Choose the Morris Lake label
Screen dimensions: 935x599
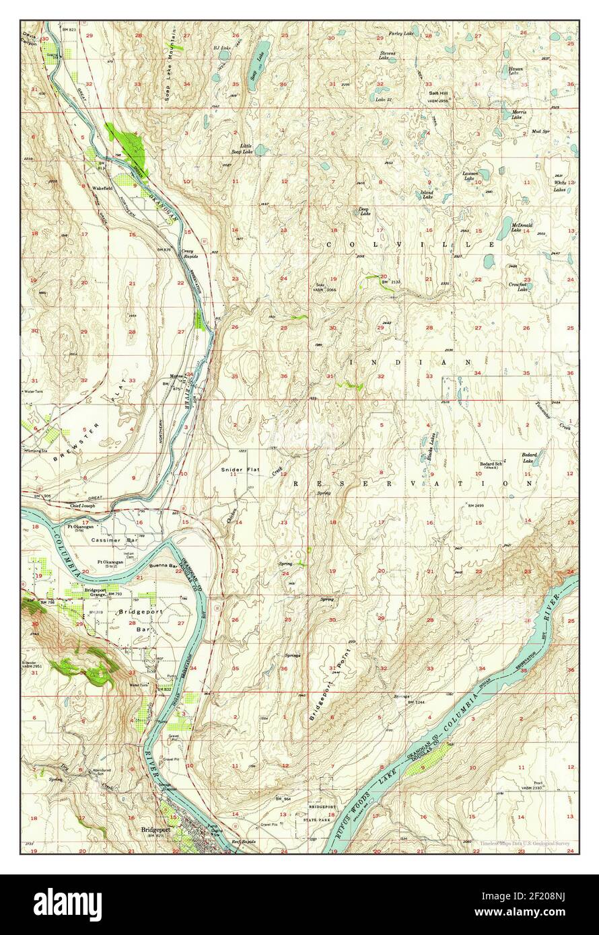pos(518,115)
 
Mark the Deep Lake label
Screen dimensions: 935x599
pos(364,211)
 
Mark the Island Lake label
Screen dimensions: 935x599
pos(427,194)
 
